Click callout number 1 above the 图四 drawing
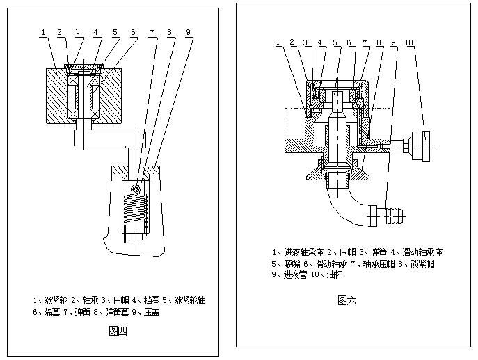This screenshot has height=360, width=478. point(43,32)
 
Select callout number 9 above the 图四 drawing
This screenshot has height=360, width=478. point(188,32)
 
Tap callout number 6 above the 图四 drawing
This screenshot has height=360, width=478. point(133,32)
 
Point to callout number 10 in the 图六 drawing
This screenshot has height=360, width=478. point(409,43)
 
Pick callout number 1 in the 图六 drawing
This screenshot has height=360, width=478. point(278,43)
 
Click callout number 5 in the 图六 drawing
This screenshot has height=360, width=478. point(335,43)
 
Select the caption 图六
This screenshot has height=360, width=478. point(346,301)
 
